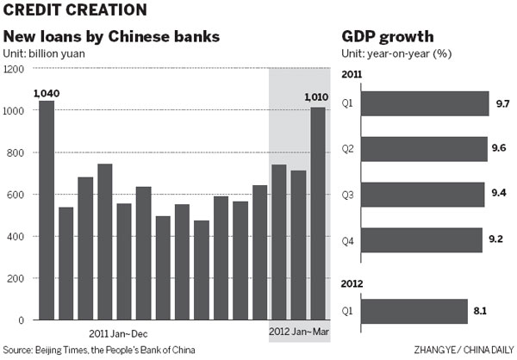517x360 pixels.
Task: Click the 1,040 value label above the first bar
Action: (x=46, y=93)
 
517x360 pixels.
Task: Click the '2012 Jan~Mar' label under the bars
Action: (x=298, y=331)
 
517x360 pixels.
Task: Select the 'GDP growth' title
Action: (x=387, y=39)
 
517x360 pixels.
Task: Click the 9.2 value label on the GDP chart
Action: (x=496, y=239)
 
